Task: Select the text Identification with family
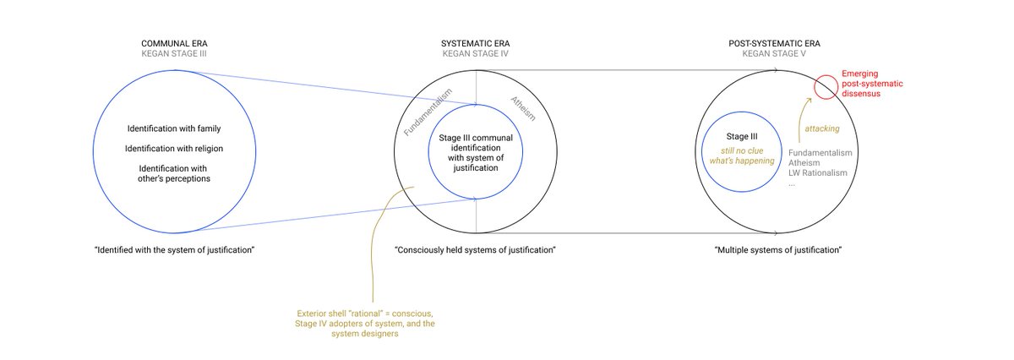pyautogui.click(x=173, y=128)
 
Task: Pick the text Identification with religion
pyautogui.click(x=173, y=149)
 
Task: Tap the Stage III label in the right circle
pyautogui.click(x=739, y=135)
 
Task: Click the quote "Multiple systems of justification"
pyautogui.click(x=777, y=250)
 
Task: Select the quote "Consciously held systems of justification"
pyautogui.click(x=475, y=250)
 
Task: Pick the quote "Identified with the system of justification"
pyautogui.click(x=175, y=250)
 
